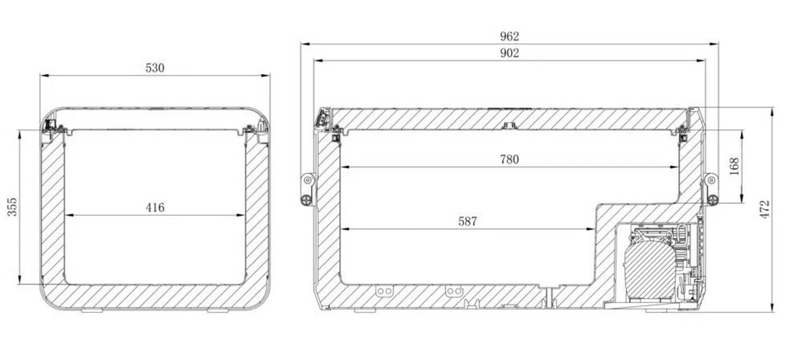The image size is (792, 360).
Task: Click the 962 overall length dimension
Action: coord(509,36)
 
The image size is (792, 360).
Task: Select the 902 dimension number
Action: coord(509,53)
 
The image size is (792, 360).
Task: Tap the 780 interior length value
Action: coord(509,160)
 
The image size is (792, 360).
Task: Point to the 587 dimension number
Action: coord(467,221)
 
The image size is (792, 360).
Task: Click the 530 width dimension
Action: coord(155,68)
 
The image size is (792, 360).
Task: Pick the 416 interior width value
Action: coord(155,208)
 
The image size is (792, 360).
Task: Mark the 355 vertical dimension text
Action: coord(12,207)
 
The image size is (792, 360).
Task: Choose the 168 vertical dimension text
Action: coord(734,166)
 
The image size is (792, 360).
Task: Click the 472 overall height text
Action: coord(764,210)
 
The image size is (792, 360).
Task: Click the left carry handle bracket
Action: coord(308,189)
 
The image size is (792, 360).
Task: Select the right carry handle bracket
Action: coord(711,189)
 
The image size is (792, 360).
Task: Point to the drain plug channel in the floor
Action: coord(549,298)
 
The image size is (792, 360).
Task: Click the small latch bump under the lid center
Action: coord(509,126)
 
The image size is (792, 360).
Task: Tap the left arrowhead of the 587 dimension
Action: coord(345,229)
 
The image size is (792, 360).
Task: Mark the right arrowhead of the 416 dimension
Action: coord(241,215)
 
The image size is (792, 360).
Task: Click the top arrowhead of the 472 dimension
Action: coord(773,111)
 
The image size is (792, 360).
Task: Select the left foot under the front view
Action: coord(92,311)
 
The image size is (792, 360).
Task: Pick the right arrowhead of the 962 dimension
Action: coord(713,44)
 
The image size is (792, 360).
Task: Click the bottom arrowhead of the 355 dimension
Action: coord(20,280)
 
